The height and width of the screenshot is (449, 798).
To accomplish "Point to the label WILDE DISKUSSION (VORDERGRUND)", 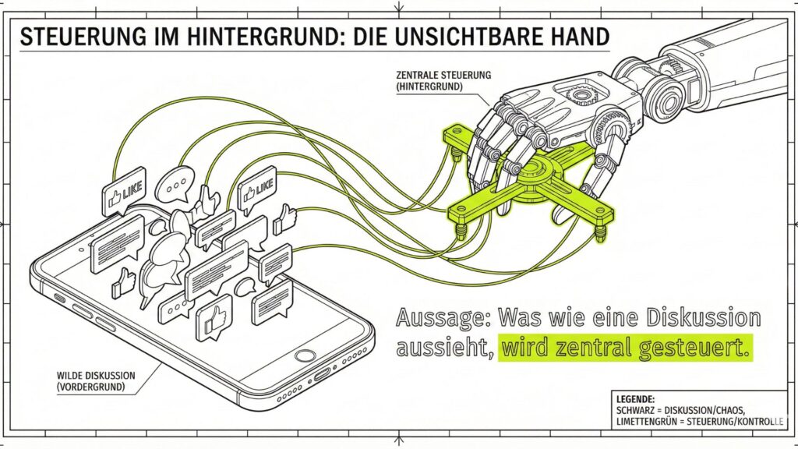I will pyautogui.click(x=96, y=380).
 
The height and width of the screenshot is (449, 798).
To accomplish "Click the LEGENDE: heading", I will pyautogui.click(x=635, y=398).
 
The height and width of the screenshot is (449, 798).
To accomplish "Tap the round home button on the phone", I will pyautogui.click(x=305, y=355).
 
